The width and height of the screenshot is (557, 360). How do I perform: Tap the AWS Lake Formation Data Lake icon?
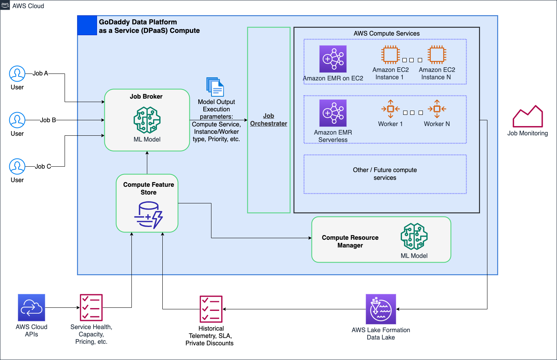[x=381, y=309]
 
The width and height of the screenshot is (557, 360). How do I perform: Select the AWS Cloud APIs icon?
[x=31, y=307]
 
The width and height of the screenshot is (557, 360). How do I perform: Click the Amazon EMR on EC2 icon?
[x=333, y=59]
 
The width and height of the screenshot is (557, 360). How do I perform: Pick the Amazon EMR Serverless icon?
[x=333, y=113]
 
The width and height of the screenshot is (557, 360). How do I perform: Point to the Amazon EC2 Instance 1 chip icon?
[x=390, y=55]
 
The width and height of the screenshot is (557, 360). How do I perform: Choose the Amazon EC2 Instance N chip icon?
[x=437, y=55]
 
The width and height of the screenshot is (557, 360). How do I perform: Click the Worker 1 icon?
[x=390, y=109]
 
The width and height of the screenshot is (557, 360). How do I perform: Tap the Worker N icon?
[x=437, y=109]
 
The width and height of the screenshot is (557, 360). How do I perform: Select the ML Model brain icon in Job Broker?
[x=147, y=120]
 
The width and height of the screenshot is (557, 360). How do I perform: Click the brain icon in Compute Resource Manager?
[x=414, y=236]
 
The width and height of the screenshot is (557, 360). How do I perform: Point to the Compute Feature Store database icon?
[x=148, y=215]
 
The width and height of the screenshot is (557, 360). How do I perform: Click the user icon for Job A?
[x=17, y=73]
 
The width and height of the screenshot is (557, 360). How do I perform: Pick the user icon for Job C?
[x=17, y=166]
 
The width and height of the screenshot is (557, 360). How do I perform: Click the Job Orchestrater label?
[x=269, y=120]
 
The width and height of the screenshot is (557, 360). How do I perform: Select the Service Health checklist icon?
[x=91, y=307]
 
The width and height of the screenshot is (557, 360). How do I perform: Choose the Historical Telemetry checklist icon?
[x=211, y=309]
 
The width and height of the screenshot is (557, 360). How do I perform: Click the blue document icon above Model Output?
[x=215, y=87]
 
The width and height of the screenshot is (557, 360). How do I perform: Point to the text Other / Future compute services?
[x=385, y=174]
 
